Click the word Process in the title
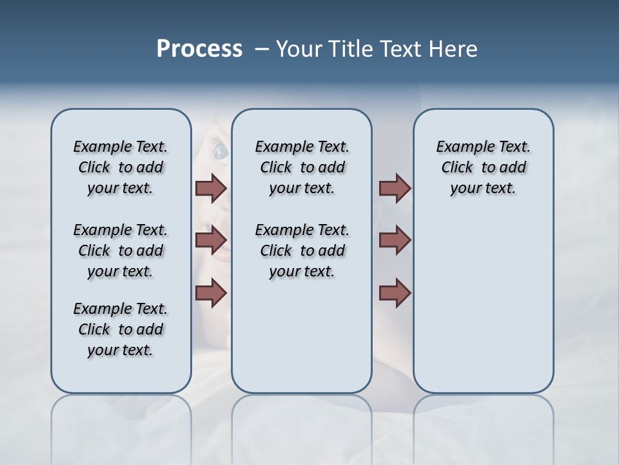click(199, 49)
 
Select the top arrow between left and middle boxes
click(211, 188)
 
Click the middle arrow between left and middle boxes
click(211, 240)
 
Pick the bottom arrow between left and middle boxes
click(211, 293)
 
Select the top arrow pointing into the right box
click(395, 188)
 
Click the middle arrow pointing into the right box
click(395, 240)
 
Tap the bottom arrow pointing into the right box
click(395, 293)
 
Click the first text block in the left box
click(121, 167)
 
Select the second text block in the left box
click(121, 251)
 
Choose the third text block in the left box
click(121, 329)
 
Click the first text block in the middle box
click(302, 167)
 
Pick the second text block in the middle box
click(302, 251)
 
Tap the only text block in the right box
click(483, 167)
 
